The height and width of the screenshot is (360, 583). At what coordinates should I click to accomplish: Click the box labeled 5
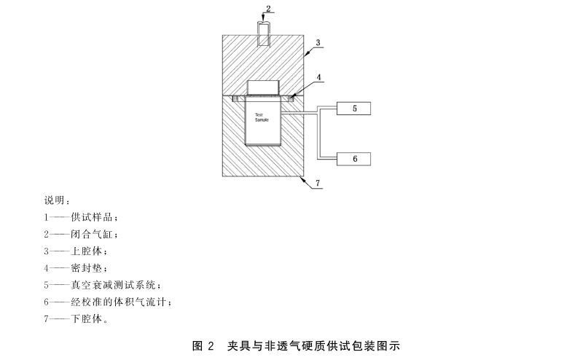coord(353,109)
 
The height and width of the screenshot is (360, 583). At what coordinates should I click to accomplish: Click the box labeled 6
coord(353,158)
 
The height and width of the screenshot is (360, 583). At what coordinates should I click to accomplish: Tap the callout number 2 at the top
coord(269,9)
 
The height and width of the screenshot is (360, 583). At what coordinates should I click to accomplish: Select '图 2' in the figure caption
coord(202,345)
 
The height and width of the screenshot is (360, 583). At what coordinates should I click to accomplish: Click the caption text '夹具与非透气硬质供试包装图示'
coord(314,345)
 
